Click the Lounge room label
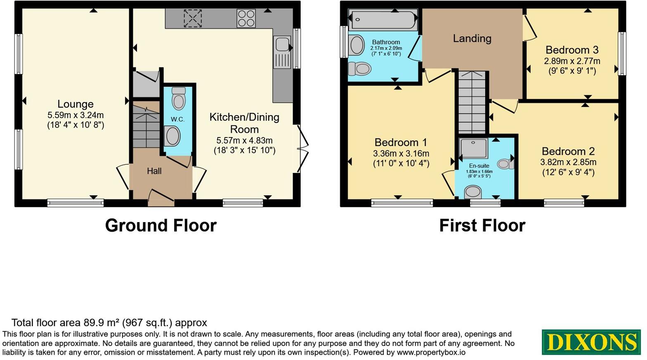click(x=76, y=104)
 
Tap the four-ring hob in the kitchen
click(x=246, y=19)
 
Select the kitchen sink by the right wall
click(x=282, y=52)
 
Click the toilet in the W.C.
click(x=179, y=98)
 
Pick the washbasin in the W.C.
click(x=172, y=136)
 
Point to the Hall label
click(x=154, y=171)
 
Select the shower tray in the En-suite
click(x=474, y=148)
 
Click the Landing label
click(x=472, y=38)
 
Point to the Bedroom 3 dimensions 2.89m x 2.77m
click(x=572, y=61)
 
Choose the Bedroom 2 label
click(x=568, y=152)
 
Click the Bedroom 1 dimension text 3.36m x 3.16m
click(x=401, y=154)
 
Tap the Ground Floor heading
click(x=161, y=225)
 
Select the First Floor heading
click(x=482, y=225)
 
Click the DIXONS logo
click(x=591, y=342)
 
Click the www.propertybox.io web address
click(x=431, y=353)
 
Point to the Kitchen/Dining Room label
click(x=244, y=123)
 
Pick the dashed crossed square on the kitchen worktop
click(x=193, y=19)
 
